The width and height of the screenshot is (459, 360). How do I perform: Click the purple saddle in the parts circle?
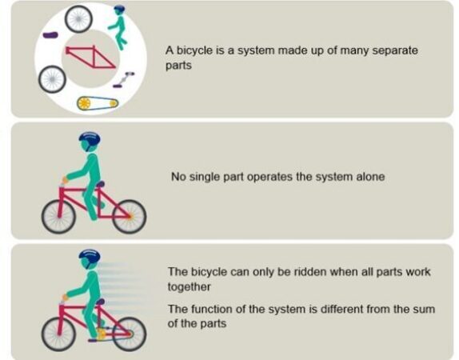(x=50, y=35)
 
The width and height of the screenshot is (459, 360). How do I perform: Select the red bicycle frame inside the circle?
(x=90, y=57)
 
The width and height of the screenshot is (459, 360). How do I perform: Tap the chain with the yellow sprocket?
(x=98, y=103)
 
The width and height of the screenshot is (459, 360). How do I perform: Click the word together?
(x=189, y=286)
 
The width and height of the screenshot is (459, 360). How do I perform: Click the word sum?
(x=426, y=310)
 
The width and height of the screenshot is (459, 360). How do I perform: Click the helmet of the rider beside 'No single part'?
(x=90, y=139)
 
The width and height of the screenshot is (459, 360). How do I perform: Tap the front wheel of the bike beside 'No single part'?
(x=58, y=217)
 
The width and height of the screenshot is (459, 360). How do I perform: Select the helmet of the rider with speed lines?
(x=90, y=257)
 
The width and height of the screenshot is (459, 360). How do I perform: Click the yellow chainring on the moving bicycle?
(x=102, y=334)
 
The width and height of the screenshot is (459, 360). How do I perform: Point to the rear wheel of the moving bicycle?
(x=129, y=334)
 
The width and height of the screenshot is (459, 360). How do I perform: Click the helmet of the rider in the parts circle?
(x=119, y=10)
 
